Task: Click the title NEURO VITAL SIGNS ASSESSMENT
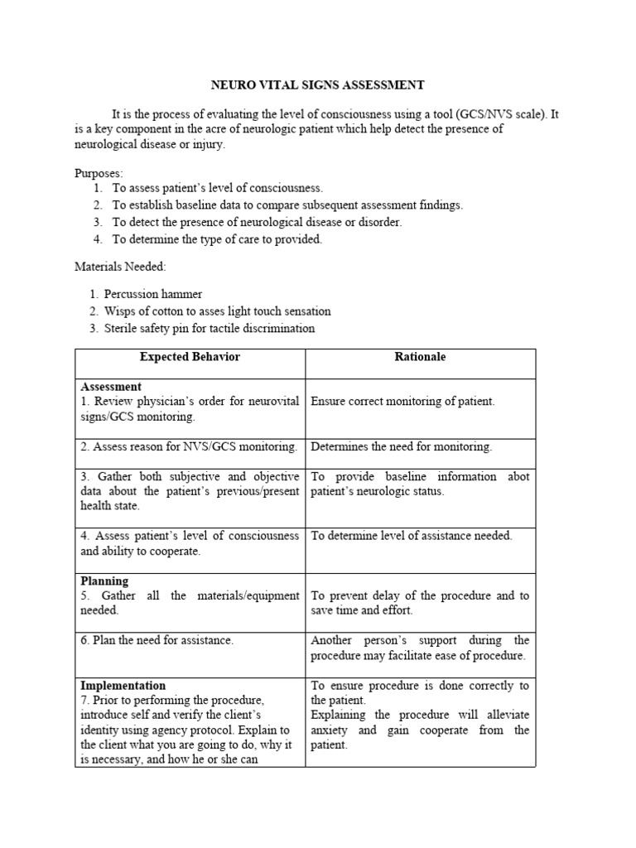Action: click(x=318, y=84)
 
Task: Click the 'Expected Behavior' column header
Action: click(x=190, y=357)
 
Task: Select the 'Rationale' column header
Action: click(x=421, y=357)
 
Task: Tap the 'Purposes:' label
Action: click(x=99, y=173)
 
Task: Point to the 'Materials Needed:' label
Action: click(x=119, y=267)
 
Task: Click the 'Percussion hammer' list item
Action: click(x=152, y=294)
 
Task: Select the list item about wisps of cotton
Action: click(x=217, y=311)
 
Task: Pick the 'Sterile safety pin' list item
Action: click(x=209, y=328)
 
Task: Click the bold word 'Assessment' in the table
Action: click(x=111, y=387)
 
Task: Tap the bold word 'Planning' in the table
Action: click(x=104, y=581)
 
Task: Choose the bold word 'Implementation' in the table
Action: click(x=123, y=686)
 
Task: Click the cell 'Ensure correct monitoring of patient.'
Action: click(x=402, y=402)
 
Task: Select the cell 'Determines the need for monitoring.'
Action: click(x=401, y=447)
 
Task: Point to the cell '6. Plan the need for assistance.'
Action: click(x=157, y=640)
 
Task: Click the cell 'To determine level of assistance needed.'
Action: click(x=412, y=536)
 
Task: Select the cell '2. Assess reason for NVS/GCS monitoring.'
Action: click(x=189, y=447)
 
